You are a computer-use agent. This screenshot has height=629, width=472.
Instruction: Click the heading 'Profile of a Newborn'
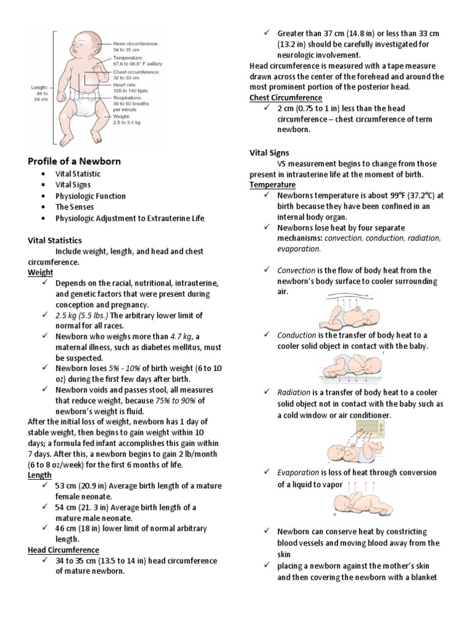pos(74,161)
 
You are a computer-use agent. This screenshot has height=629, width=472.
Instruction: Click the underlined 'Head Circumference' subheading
pos(63,550)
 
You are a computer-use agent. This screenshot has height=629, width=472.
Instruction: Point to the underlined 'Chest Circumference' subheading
pos(285,98)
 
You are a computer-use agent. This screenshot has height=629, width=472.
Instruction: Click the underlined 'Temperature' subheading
pos(272,185)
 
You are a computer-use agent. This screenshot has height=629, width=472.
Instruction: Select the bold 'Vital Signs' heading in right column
pos(269,152)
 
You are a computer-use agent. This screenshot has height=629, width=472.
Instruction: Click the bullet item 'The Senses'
pos(74,207)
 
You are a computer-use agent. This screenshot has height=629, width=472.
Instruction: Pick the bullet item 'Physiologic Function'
pos(90,196)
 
